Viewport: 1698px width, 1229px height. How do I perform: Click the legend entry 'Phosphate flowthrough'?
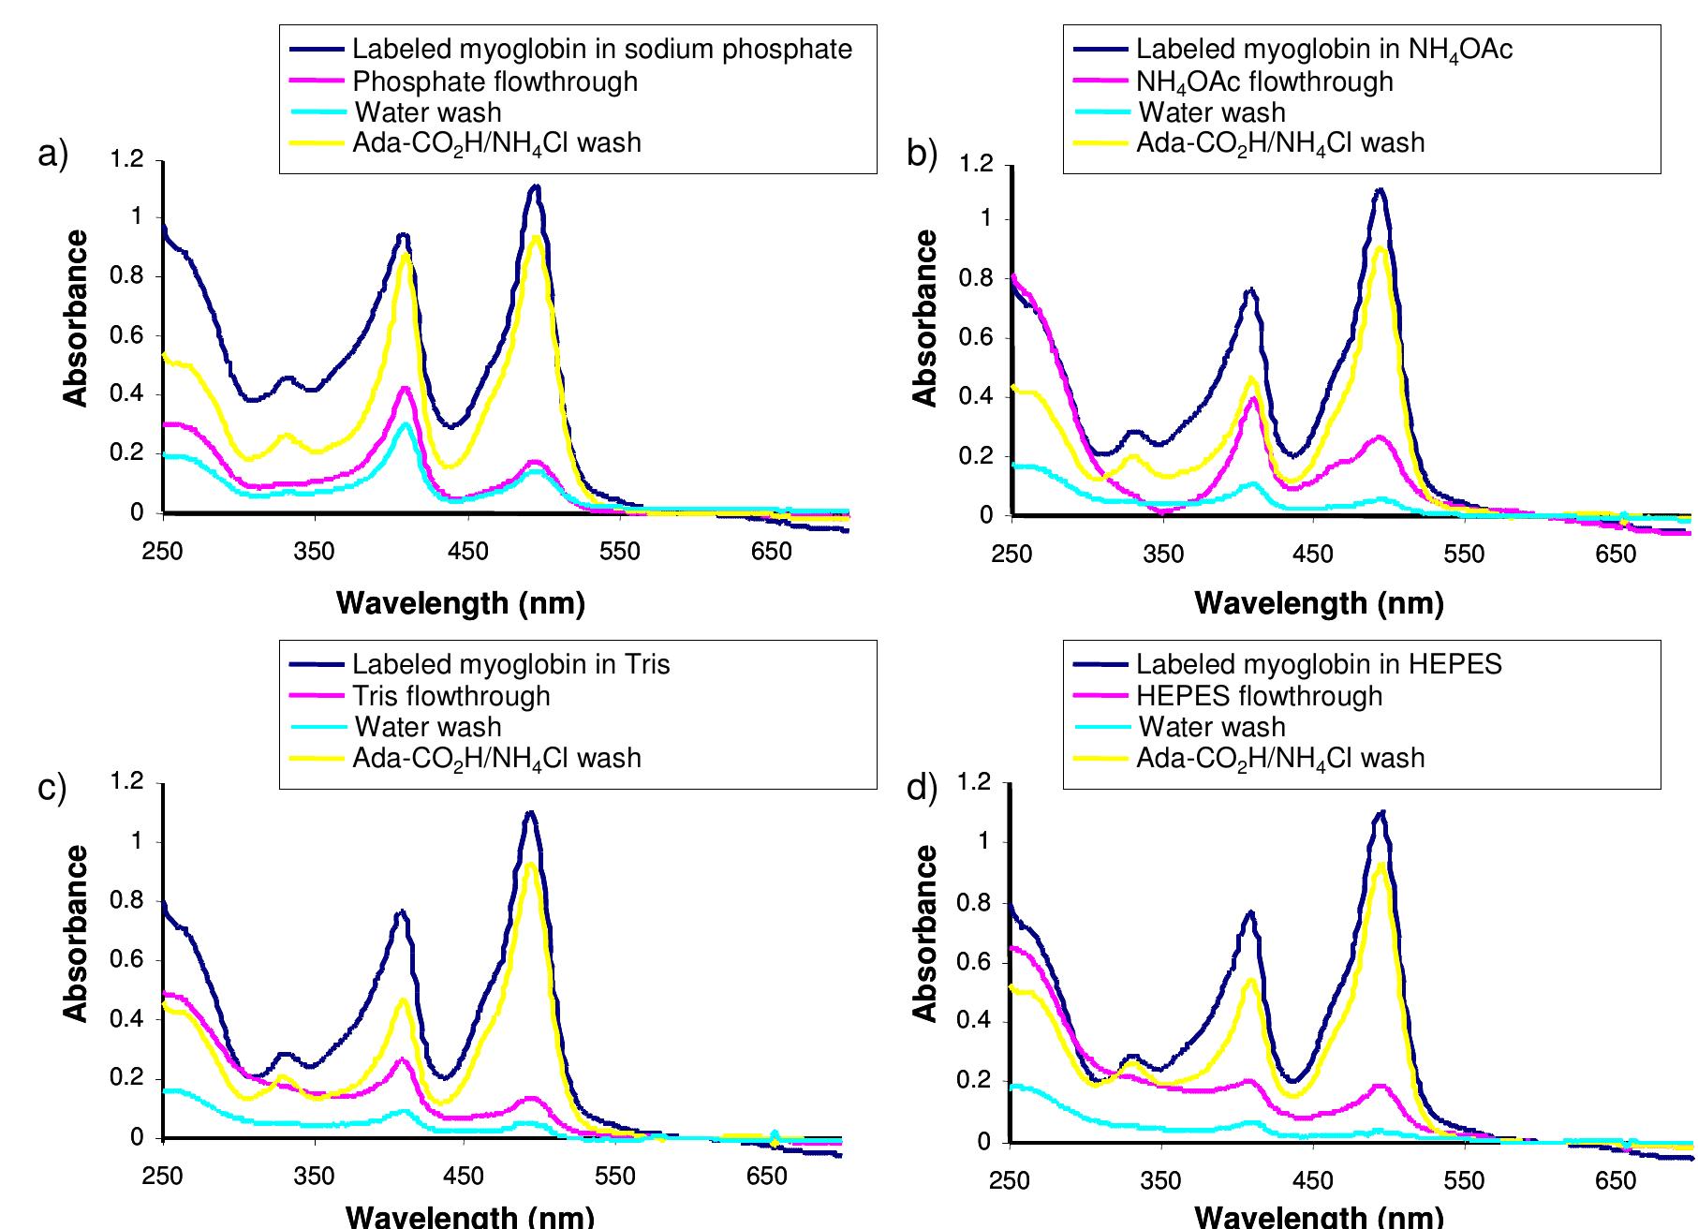click(x=495, y=81)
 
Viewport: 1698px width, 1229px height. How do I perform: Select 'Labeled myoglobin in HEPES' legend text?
click(x=1318, y=664)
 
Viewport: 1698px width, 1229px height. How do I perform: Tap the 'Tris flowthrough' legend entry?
click(x=450, y=696)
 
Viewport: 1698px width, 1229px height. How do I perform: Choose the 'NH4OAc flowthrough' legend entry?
click(x=1263, y=81)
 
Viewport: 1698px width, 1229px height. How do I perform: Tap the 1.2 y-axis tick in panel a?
click(x=128, y=159)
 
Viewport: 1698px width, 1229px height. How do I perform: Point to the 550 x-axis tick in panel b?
click(x=1463, y=555)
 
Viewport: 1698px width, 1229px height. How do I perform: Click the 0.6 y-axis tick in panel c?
click(x=128, y=959)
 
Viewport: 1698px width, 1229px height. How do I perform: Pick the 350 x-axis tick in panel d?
click(x=1161, y=1180)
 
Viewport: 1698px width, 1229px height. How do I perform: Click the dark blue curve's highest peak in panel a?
click(x=535, y=186)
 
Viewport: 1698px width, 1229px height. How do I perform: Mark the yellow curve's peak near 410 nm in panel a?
click(x=406, y=253)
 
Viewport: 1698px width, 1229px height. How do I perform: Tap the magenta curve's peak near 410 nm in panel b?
click(x=1252, y=399)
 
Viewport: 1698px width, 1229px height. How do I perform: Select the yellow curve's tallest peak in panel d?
click(x=1380, y=865)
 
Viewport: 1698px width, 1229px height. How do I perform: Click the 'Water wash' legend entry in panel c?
click(x=427, y=727)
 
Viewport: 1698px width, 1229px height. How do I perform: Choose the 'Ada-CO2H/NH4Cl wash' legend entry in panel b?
click(x=1279, y=142)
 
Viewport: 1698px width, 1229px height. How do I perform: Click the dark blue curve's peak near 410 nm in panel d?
click(x=1249, y=911)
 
